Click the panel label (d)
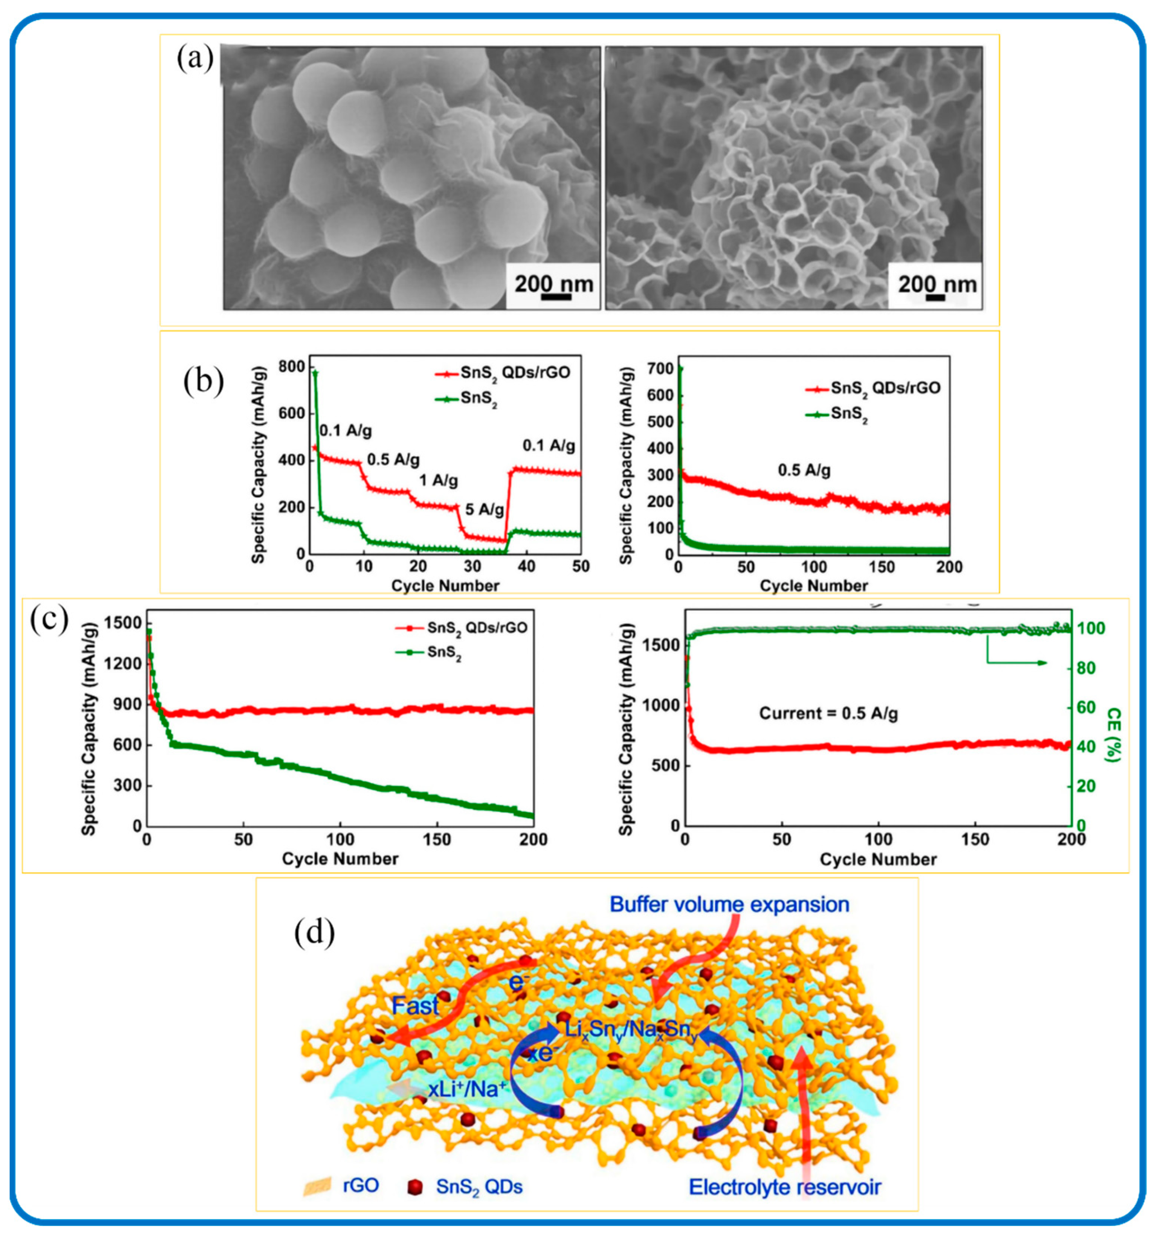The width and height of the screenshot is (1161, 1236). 315,933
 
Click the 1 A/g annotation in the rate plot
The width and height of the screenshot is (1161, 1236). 438,480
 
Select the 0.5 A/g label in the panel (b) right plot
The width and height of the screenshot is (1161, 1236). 804,471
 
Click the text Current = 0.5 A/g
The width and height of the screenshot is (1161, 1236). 828,713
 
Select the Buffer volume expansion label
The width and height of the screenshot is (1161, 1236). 729,905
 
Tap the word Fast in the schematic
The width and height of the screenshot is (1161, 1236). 415,1005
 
